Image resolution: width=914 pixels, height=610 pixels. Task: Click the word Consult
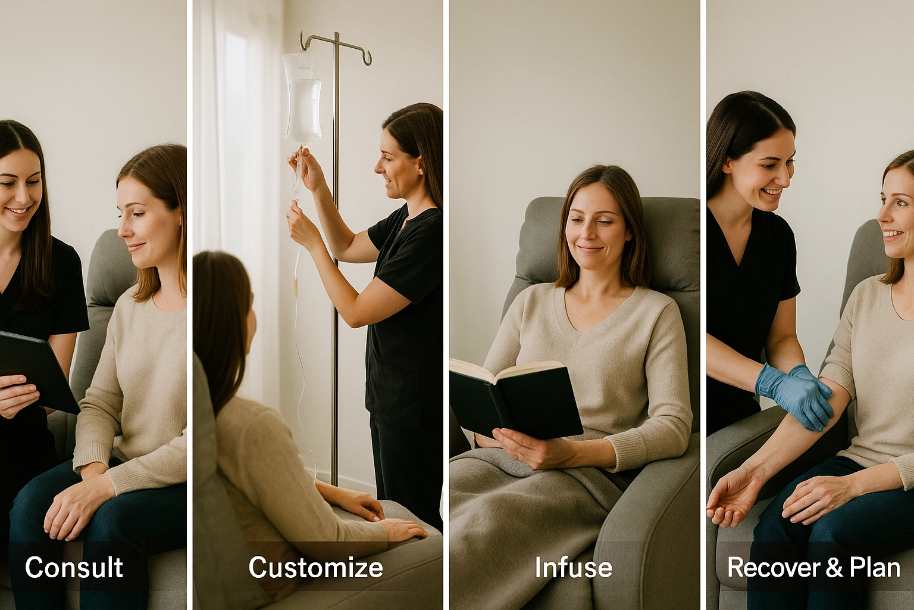pyautogui.click(x=74, y=567)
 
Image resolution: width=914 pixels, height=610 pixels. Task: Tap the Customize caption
pyautogui.click(x=316, y=567)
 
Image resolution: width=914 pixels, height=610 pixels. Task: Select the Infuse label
pyautogui.click(x=573, y=567)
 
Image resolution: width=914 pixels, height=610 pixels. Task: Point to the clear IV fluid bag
pyautogui.click(x=302, y=98)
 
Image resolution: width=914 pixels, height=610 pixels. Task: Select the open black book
pyautogui.click(x=516, y=399)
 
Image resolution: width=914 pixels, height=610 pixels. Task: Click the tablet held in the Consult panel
pyautogui.click(x=37, y=370)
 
